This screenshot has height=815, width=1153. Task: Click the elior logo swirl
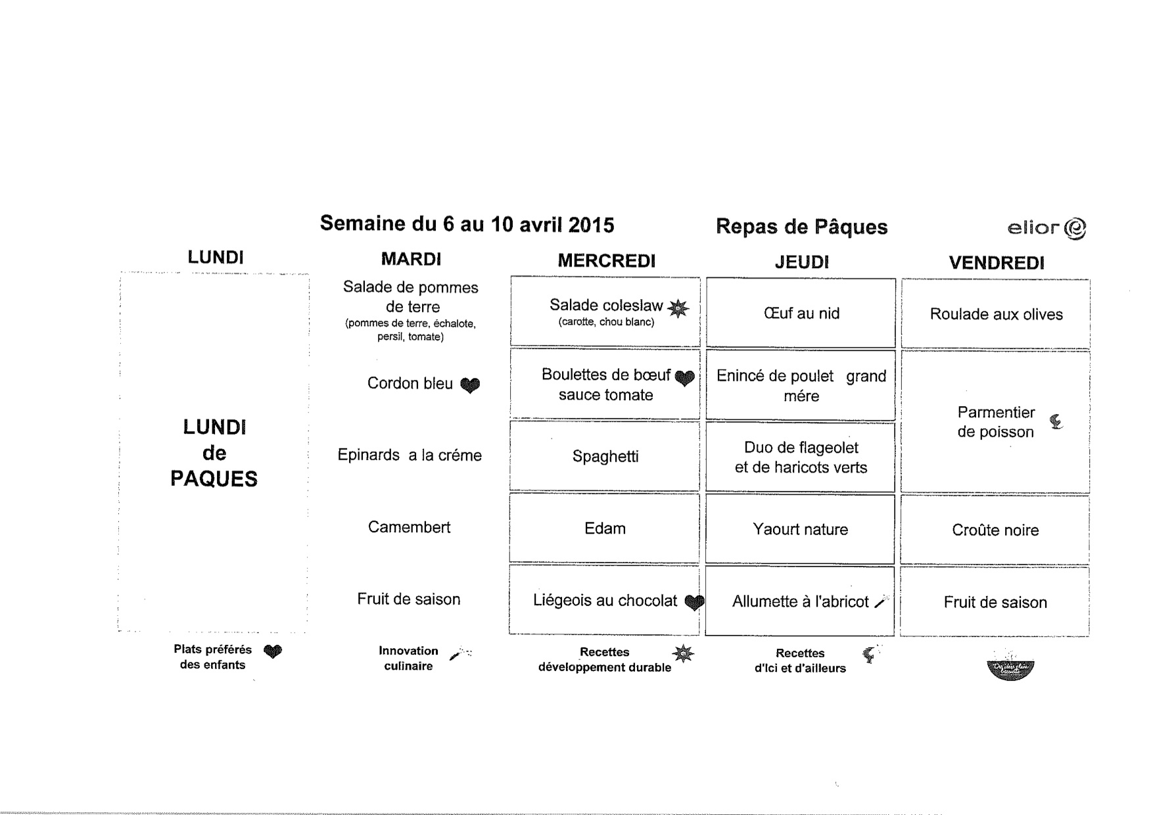tap(1075, 229)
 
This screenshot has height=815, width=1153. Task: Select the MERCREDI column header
tap(606, 261)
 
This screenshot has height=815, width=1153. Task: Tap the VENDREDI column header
tap(996, 263)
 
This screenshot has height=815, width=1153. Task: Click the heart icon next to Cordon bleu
tap(469, 385)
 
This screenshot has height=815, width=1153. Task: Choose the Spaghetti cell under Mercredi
tap(605, 456)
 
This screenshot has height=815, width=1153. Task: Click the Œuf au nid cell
tap(801, 314)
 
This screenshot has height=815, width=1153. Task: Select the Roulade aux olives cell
tap(995, 314)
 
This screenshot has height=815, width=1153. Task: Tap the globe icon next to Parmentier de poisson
tap(1056, 421)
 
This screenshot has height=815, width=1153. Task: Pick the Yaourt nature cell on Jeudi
tap(800, 529)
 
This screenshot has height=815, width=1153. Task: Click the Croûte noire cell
tap(995, 530)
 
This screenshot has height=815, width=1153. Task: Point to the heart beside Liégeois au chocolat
tap(694, 601)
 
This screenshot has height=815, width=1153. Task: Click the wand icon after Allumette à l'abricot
tap(882, 602)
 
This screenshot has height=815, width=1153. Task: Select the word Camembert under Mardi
tap(409, 527)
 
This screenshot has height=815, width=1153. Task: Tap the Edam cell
tap(605, 528)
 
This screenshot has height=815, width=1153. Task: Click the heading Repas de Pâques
tap(801, 227)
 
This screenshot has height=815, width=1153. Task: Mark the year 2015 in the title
tap(591, 225)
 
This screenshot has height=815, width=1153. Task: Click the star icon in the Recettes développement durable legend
tap(682, 653)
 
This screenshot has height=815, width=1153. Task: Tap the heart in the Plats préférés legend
tap(273, 651)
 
